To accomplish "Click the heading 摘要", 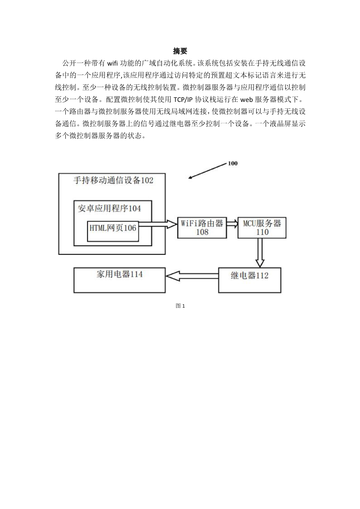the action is pos(180,51).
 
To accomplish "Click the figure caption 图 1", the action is pos(180,306).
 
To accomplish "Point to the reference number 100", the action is pos(232,163).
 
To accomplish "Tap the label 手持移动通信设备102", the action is pos(113,180).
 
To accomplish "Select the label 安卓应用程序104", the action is pos(109,208).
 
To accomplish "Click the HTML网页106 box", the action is pos(113,231).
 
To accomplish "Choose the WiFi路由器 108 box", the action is pos(202,228).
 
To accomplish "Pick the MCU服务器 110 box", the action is pos(262,228).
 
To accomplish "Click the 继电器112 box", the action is pos(250,280).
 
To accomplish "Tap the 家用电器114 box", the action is pos(119,280).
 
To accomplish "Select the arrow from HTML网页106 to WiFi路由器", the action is pos(158,224).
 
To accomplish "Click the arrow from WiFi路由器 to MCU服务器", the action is pos(232,224).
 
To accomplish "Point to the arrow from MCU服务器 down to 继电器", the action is pos(260,253).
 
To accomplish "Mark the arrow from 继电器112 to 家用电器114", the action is pos(192,276).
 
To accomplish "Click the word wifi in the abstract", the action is pos(112,63).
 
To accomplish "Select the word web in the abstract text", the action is pos(246,100).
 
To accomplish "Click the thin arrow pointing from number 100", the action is pos(208,171).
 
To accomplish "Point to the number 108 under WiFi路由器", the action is pos(202,232).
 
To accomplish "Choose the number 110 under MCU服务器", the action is pos(262,232).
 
